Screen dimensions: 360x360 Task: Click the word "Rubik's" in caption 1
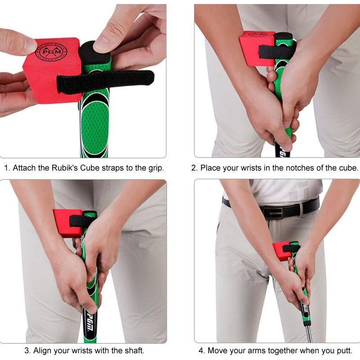click(x=64, y=168)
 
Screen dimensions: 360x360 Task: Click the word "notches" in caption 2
click(x=293, y=168)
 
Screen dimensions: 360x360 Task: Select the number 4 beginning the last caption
click(x=201, y=351)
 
